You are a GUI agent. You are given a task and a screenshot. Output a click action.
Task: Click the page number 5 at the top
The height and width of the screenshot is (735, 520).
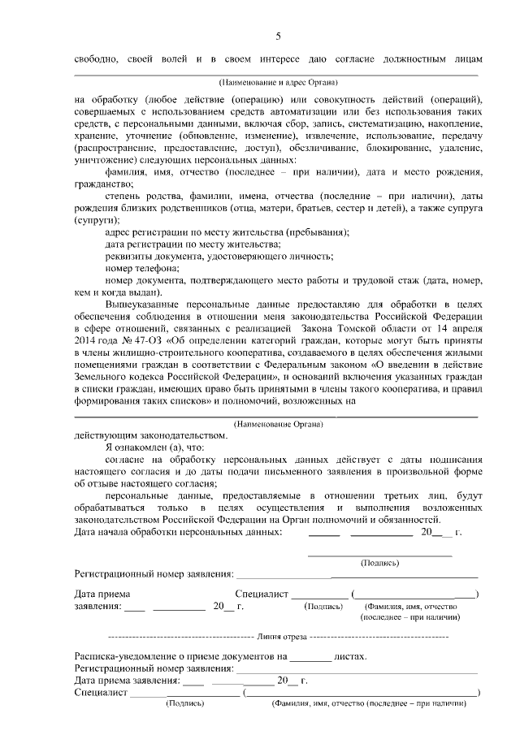pyautogui.click(x=278, y=36)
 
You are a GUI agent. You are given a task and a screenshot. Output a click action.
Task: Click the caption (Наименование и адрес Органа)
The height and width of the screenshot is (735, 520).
pyautogui.click(x=278, y=83)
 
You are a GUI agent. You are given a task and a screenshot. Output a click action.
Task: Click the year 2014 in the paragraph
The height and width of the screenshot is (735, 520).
pyautogui.click(x=85, y=330)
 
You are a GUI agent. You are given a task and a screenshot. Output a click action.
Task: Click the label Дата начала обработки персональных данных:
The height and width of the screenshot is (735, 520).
pyautogui.click(x=178, y=532)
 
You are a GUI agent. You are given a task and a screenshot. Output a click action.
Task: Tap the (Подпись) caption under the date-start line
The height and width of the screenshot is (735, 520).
pyautogui.click(x=379, y=562)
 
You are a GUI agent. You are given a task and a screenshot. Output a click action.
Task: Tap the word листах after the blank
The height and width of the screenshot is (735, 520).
pyautogui.click(x=350, y=656)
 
